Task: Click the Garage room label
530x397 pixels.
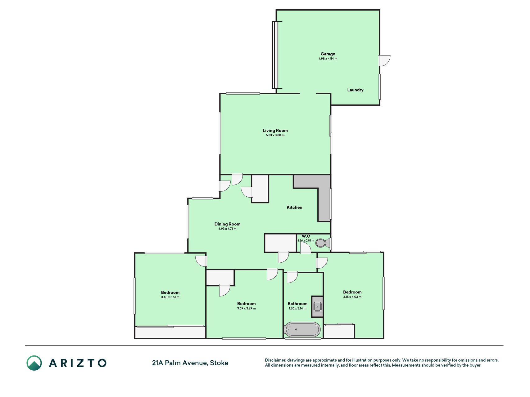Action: (328, 54)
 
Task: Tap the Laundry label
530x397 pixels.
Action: (355, 90)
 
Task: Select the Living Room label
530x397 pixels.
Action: (275, 131)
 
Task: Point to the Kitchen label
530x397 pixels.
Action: (294, 207)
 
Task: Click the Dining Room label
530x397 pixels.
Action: (227, 224)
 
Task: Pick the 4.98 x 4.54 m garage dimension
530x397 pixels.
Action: (328, 59)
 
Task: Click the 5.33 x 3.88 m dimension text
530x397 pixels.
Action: (275, 135)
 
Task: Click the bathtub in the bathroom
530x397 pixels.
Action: (302, 330)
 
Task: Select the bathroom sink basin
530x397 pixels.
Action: (317, 306)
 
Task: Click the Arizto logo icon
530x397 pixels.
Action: (34, 363)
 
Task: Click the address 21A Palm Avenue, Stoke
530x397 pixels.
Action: (190, 363)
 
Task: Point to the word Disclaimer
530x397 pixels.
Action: (275, 360)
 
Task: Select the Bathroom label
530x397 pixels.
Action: (297, 304)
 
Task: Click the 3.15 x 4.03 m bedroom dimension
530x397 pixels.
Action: (352, 297)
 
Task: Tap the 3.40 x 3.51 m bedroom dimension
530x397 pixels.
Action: (170, 297)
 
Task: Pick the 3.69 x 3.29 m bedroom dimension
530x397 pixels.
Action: (246, 308)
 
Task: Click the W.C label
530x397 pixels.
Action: (306, 236)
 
